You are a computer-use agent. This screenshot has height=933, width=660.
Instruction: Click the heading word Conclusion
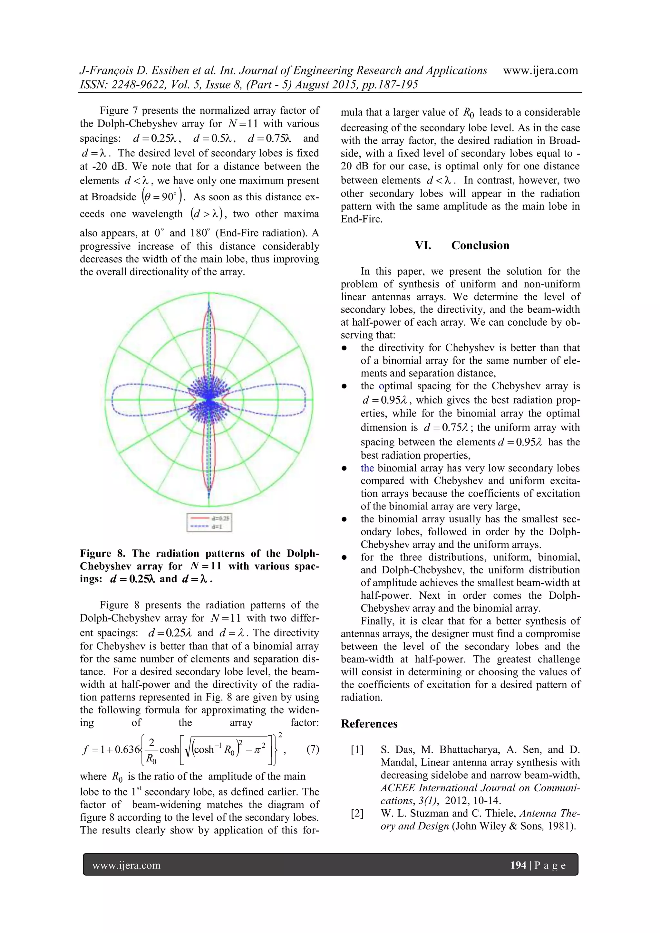480,245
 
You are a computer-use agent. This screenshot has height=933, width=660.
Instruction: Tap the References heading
369,724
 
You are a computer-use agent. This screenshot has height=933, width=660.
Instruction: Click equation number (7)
312,749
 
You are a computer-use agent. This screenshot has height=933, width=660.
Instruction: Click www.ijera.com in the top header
540,70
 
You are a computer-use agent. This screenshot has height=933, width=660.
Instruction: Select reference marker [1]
357,750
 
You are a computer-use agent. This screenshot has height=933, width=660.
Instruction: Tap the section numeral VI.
423,245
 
